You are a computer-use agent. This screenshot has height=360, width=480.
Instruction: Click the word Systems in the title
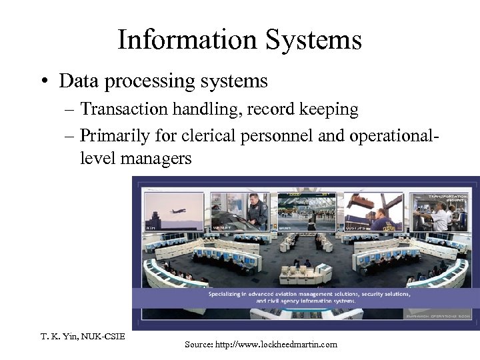pyautogui.click(x=313, y=40)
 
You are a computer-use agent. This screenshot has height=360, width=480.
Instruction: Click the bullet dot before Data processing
pyautogui.click(x=44, y=82)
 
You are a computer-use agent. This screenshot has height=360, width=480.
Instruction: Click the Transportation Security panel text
pyautogui.click(x=446, y=199)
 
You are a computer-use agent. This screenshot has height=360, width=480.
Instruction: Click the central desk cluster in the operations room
pyautogui.click(x=303, y=271)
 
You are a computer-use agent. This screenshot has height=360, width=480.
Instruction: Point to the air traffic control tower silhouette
pyautogui.click(x=153, y=221)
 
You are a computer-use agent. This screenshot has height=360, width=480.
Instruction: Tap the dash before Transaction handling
pyautogui.click(x=69, y=109)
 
